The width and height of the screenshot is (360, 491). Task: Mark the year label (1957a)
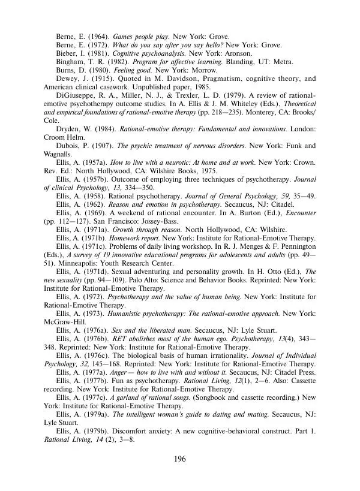coord(94,162)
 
